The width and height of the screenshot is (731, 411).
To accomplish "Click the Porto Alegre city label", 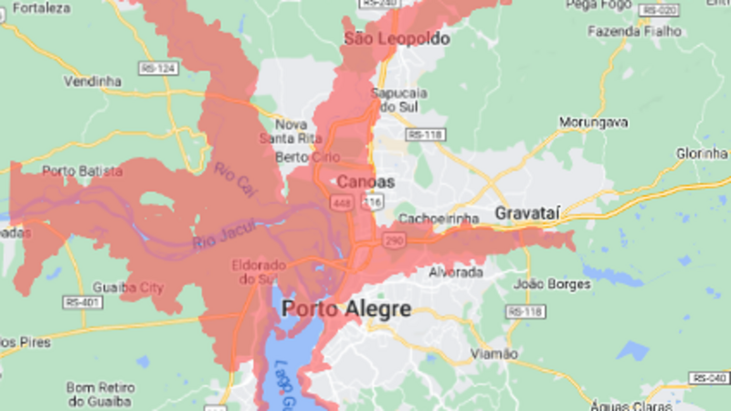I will coord(346,309).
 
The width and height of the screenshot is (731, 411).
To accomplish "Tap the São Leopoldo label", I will coord(397,38).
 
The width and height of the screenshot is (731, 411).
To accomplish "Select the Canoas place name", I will coord(365,182).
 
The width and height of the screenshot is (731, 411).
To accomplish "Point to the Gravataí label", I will coord(526,213).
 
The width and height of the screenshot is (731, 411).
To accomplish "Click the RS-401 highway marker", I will coord(81,300).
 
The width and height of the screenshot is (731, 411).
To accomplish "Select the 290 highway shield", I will coord(393,240).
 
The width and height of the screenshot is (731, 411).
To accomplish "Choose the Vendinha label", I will coord(92,81).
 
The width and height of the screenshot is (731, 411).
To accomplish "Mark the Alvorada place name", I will coord(456,272).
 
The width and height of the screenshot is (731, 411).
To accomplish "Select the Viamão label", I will coord(493,353).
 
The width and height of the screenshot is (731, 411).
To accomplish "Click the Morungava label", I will coord(594,122).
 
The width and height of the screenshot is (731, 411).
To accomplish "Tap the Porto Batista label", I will coord(82,170).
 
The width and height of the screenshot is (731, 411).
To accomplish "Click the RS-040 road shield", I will coord(709,377).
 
